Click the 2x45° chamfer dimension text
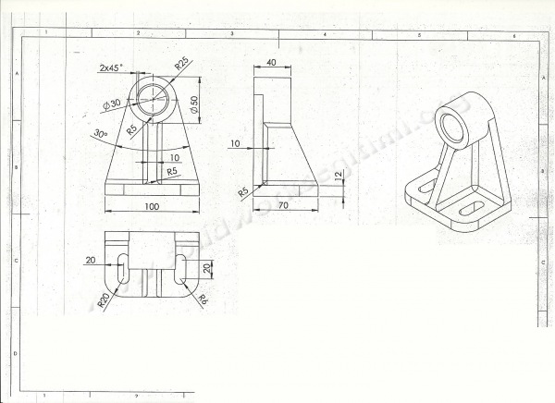112,67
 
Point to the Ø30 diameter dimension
113,104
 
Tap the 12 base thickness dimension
339,175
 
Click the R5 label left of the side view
243,191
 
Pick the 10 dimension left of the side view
236,144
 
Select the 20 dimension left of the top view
91,261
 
